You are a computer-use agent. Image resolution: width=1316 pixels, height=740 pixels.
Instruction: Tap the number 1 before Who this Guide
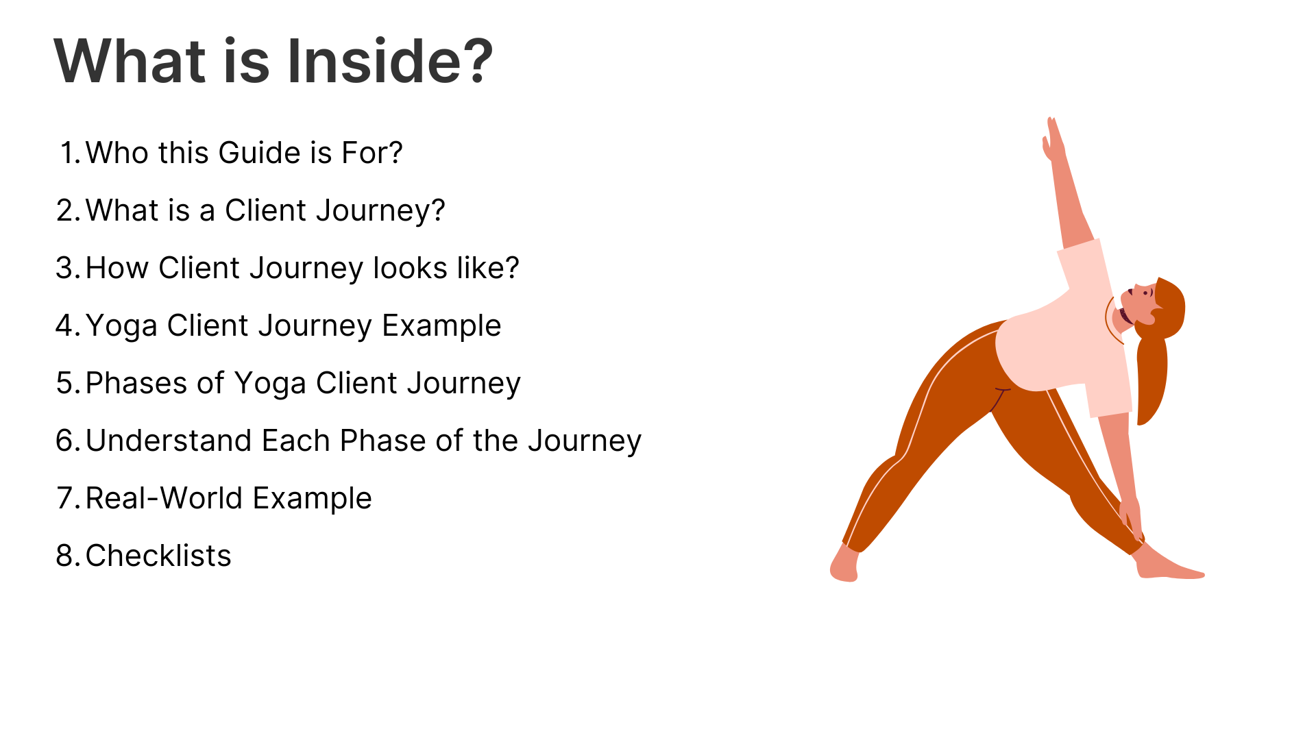click(x=71, y=152)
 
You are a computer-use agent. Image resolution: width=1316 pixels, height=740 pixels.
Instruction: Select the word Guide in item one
click(x=259, y=152)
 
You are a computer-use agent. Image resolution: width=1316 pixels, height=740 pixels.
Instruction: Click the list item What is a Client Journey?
click(x=251, y=210)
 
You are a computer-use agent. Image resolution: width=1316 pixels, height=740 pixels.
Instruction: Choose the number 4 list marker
click(x=68, y=325)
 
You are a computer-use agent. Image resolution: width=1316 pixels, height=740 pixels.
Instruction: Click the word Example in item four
click(x=441, y=326)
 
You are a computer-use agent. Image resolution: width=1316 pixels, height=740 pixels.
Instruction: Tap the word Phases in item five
click(x=136, y=383)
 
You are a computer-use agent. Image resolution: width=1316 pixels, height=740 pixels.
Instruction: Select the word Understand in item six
click(x=169, y=441)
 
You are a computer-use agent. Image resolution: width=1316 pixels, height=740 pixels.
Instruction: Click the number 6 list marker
click(x=69, y=441)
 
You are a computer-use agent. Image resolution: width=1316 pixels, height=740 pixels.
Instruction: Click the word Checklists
click(x=158, y=556)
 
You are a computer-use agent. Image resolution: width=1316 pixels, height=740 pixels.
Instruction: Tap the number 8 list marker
click(x=69, y=556)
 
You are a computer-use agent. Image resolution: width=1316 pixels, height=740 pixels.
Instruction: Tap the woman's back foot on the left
click(x=844, y=564)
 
